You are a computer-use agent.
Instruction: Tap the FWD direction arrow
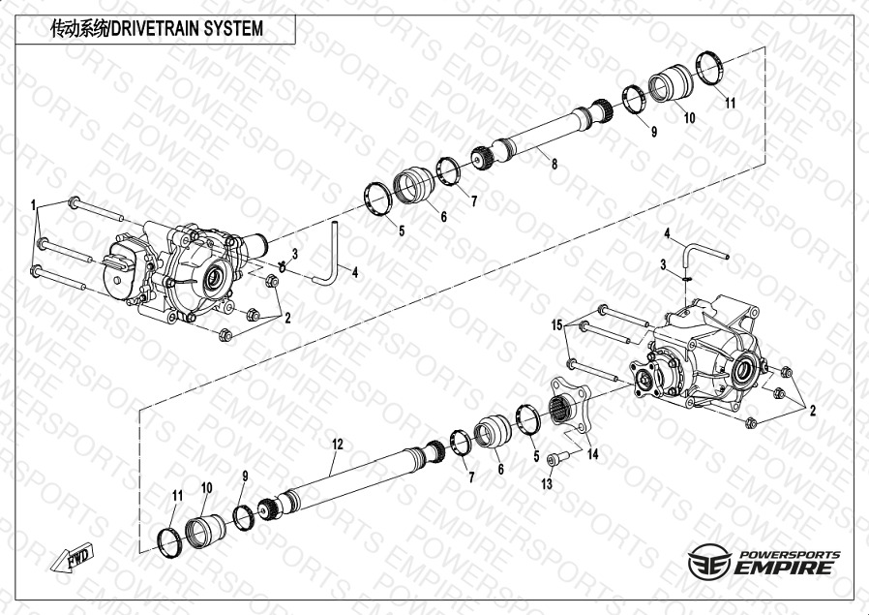[x=73, y=557]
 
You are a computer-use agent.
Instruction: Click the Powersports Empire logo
[x=764, y=561]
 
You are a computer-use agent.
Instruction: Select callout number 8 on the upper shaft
[x=554, y=164]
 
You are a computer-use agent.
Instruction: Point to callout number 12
[x=338, y=445]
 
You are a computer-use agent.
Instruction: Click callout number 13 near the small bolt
[x=547, y=483]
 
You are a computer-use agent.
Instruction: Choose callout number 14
[x=592, y=454]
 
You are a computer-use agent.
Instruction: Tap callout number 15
[x=556, y=325]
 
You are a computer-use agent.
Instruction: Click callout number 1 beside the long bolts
[x=33, y=205]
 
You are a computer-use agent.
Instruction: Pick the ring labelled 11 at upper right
[x=710, y=68]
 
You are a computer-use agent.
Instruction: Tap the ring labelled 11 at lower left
[x=170, y=542]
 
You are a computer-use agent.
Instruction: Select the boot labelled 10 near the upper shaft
[x=671, y=83]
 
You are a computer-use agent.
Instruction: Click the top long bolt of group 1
[x=96, y=209]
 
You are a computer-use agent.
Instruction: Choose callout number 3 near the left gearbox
[x=295, y=254]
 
